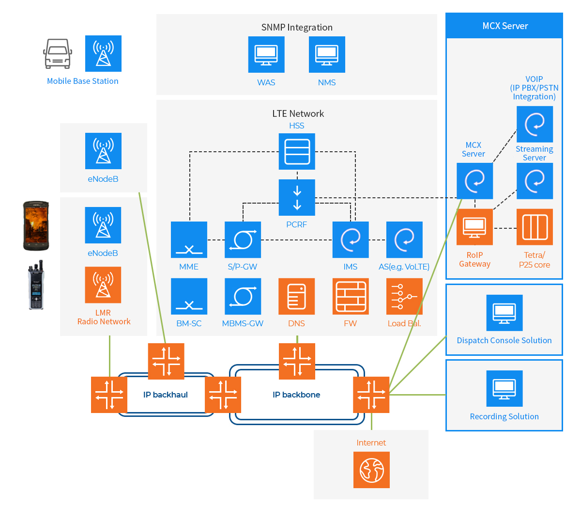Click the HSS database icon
coord(297,151)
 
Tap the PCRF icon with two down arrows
coord(297,197)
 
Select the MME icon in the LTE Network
coord(189,239)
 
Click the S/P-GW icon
coord(243,239)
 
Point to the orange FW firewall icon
coord(351,296)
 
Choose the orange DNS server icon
coord(297,296)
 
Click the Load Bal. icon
coord(404,296)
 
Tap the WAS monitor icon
coord(266,54)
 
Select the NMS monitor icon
coord(327,54)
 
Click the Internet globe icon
coord(371,470)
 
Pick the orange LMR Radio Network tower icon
coord(103,285)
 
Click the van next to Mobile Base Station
coord(58,54)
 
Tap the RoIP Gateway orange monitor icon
coord(474,227)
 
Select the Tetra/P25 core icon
coord(535,227)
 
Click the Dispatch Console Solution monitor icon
coord(505,313)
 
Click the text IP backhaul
coord(166,395)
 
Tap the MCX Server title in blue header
coord(505,26)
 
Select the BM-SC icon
coord(189,296)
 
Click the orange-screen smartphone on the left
coord(36,226)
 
